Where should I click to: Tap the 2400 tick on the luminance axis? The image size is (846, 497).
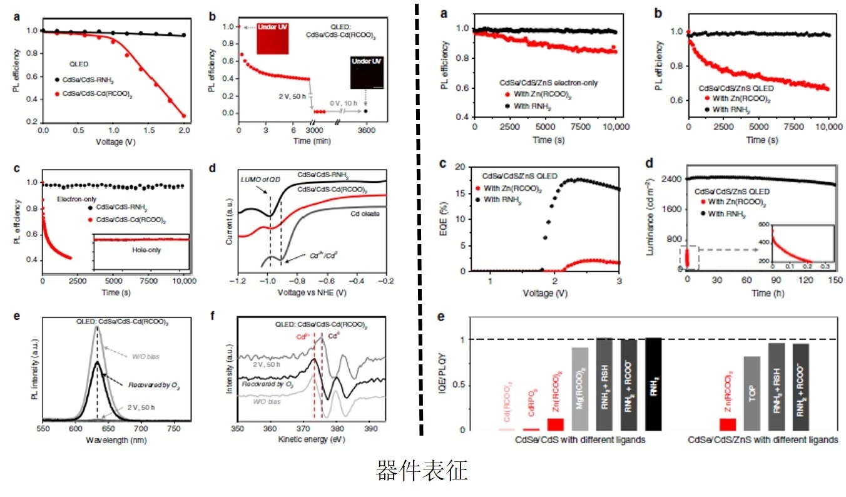672,179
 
